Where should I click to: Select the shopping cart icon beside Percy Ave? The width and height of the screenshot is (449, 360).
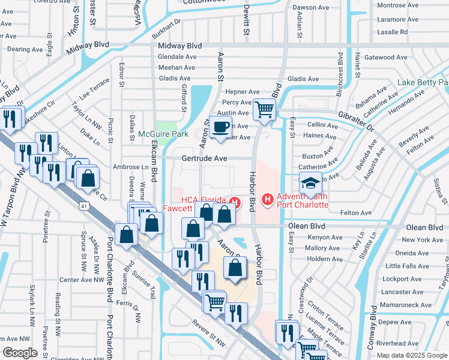(264, 110)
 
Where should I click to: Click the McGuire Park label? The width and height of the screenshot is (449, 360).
(163, 134)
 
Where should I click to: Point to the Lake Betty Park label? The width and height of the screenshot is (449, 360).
(423, 82)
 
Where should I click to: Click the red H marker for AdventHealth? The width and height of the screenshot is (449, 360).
(268, 198)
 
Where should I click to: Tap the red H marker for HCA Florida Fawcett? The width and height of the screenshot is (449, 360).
(235, 203)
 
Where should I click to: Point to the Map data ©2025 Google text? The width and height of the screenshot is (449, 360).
(411, 355)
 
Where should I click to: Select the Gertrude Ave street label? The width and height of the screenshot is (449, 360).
(205, 158)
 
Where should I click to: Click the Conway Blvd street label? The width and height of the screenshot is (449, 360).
(373, 327)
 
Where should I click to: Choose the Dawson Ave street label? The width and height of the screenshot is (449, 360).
(311, 8)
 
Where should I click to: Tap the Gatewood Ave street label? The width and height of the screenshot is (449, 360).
(385, 58)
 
